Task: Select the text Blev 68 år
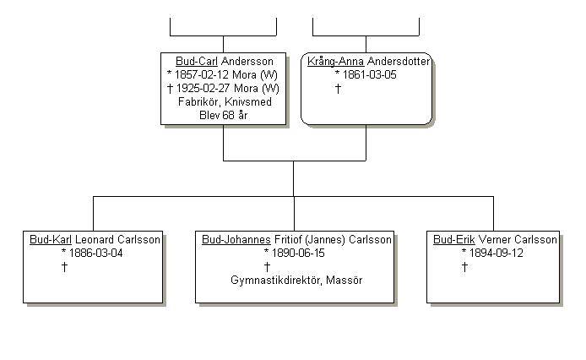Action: tap(223, 116)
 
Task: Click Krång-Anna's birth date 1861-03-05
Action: tap(370, 75)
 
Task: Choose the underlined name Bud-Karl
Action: tap(51, 240)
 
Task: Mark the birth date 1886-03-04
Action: tap(97, 254)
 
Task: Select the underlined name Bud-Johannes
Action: tap(236, 240)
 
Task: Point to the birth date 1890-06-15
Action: tap(299, 254)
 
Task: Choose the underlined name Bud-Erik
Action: tap(454, 240)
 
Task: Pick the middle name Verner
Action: tap(496, 240)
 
